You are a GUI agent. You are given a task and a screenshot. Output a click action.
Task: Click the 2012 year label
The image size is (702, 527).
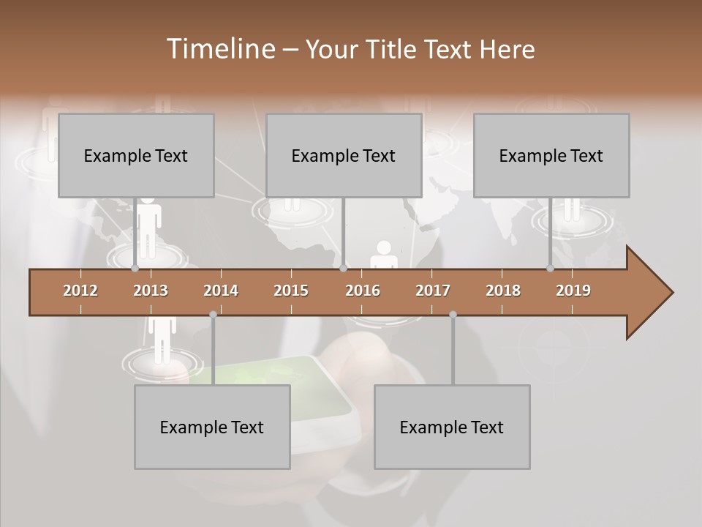tap(80, 291)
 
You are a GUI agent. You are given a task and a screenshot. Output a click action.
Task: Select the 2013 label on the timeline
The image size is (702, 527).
tap(151, 291)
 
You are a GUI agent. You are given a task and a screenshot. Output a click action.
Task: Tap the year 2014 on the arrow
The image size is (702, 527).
tap(221, 291)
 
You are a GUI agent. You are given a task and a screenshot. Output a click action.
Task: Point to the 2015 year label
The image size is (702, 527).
tap(291, 291)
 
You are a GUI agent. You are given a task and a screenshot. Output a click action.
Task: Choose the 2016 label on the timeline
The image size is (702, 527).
tap(363, 291)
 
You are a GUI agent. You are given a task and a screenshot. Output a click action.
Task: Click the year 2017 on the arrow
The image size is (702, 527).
tap(433, 291)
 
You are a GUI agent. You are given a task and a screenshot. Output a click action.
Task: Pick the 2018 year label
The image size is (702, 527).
tap(503, 291)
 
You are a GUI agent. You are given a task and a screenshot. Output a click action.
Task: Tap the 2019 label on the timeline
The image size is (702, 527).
tap(573, 291)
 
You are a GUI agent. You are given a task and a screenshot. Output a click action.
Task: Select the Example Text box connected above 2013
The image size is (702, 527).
tap(136, 156)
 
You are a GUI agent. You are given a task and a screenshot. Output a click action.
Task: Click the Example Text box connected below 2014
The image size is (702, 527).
tap(212, 427)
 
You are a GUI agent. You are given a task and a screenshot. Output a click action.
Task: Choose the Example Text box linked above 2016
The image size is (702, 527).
tap(344, 156)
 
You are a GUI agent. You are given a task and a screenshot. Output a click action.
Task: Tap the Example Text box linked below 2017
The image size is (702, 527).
tap(452, 427)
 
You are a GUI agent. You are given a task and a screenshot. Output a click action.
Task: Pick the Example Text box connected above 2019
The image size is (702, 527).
tap(551, 156)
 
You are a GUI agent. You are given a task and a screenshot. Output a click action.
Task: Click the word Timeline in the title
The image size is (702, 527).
tap(219, 49)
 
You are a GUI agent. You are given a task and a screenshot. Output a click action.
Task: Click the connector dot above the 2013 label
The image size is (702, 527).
tap(135, 269)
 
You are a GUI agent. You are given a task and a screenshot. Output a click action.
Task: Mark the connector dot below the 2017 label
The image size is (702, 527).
tap(453, 315)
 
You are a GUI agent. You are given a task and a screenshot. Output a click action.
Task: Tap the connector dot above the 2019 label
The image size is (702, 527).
tap(551, 269)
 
